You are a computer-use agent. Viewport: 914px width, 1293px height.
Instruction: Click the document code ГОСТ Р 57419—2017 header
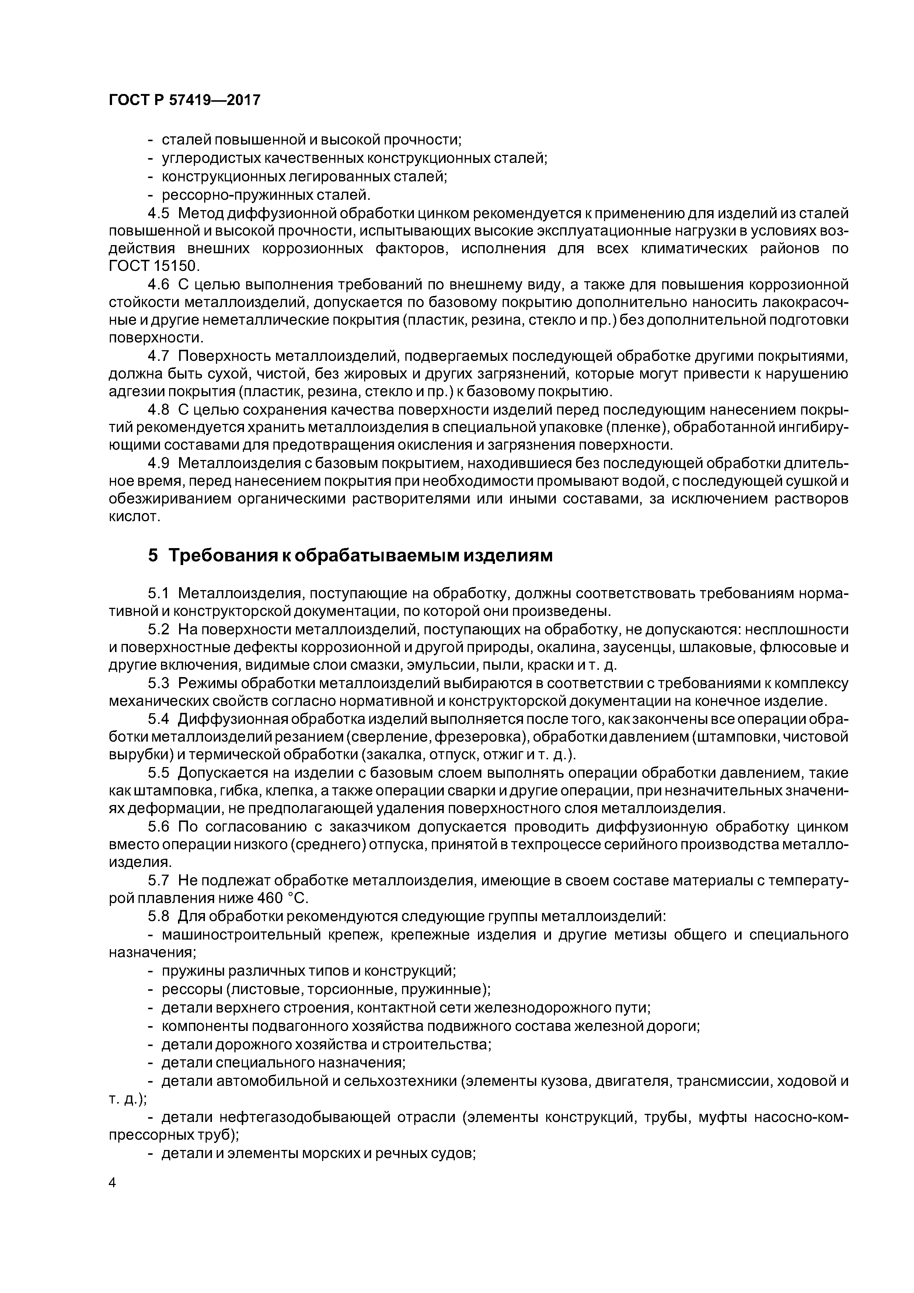[184, 100]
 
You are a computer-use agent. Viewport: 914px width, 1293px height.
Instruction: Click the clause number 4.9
[158, 463]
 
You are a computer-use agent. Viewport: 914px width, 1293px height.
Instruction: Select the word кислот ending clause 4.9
[134, 516]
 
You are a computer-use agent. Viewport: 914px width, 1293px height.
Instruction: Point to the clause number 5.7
[158, 880]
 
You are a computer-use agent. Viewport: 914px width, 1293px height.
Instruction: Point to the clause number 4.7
[158, 356]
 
